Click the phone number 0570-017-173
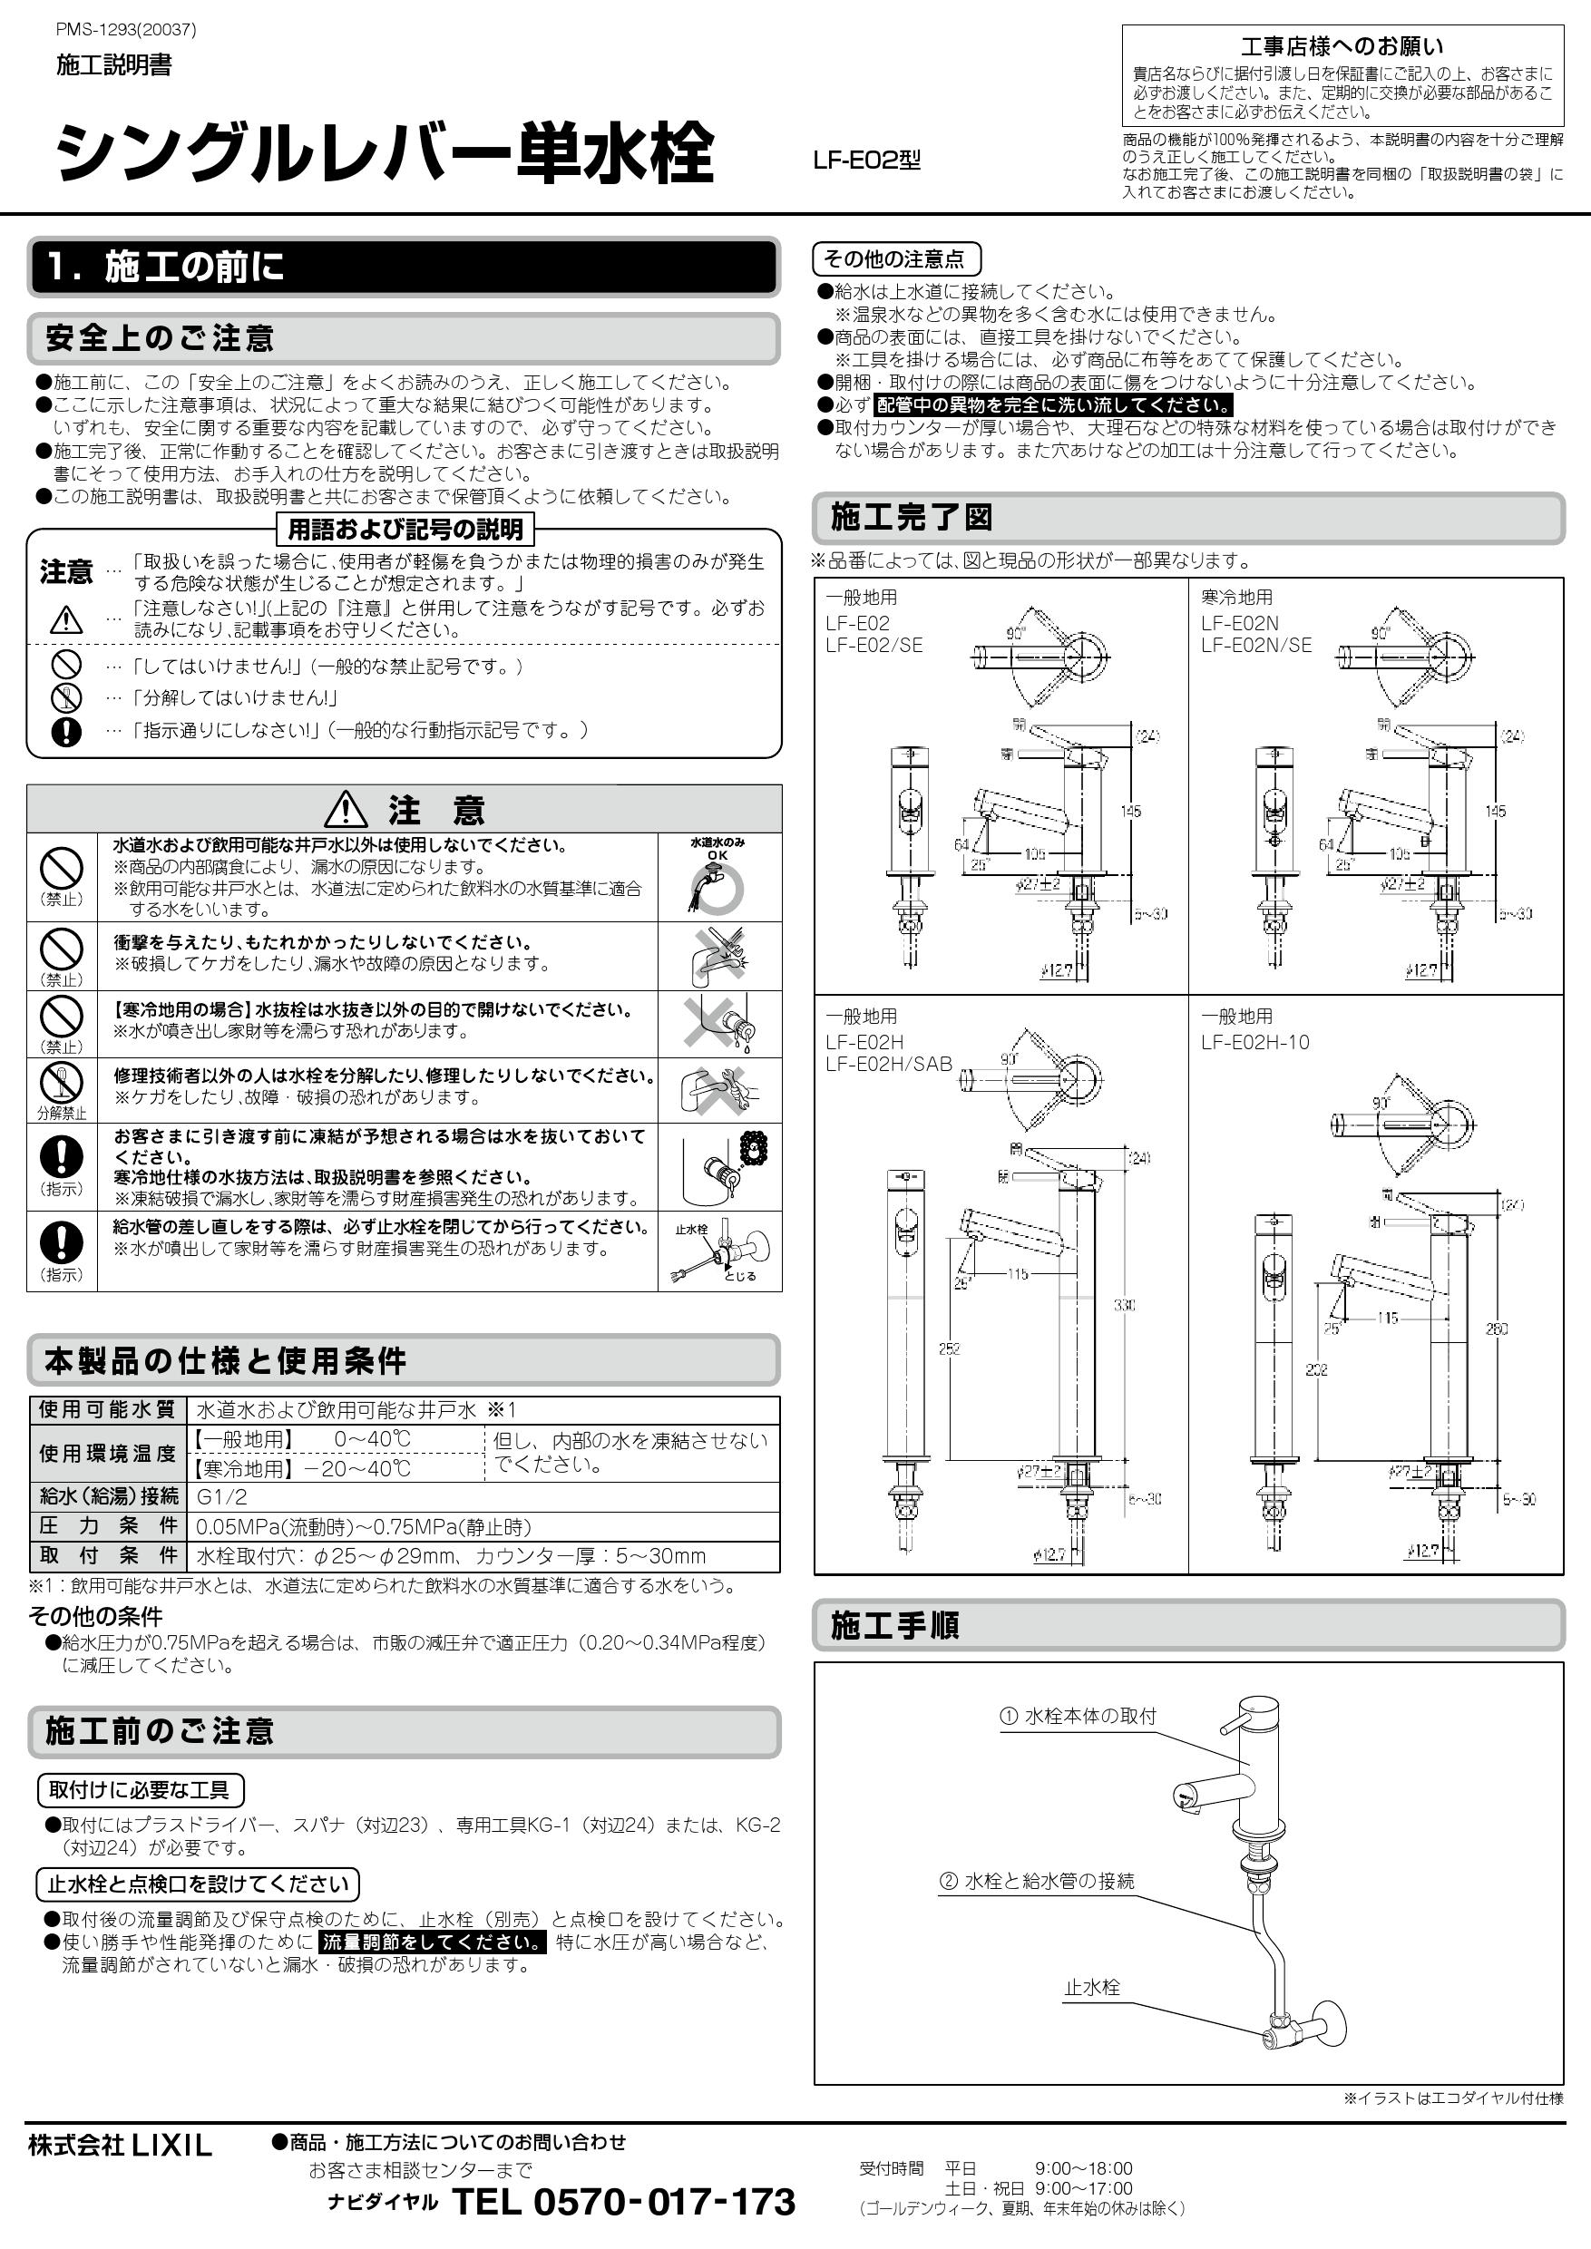[x=623, y=2202]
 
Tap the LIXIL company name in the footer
[x=120, y=2147]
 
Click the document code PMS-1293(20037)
[x=126, y=29]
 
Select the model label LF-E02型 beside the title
[x=866, y=161]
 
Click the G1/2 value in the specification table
[x=222, y=1496]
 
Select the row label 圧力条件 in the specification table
[x=108, y=1526]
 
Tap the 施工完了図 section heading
[x=911, y=517]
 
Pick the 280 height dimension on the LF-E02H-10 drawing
[x=1496, y=1329]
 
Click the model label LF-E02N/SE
[x=1256, y=646]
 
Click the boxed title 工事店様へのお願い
[x=1342, y=46]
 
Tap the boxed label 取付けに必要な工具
[x=139, y=1790]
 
